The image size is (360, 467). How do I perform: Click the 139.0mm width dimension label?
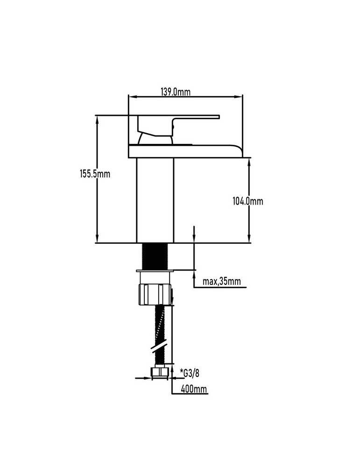click(x=176, y=92)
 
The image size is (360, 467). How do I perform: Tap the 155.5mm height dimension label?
click(x=95, y=174)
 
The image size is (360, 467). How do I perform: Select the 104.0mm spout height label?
click(x=248, y=201)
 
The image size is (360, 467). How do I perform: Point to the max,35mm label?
click(x=221, y=281)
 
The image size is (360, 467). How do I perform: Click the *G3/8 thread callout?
click(x=190, y=373)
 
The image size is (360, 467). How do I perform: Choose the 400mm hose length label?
click(x=194, y=389)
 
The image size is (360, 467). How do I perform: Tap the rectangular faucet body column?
click(x=155, y=200)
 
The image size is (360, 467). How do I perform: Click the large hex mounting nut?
click(x=155, y=295)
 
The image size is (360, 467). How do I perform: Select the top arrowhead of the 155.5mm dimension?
click(x=97, y=119)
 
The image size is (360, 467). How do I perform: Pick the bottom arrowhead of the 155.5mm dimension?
click(x=97, y=239)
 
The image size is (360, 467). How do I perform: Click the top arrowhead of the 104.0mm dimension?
click(x=249, y=162)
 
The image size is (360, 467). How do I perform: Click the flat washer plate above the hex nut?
click(x=155, y=271)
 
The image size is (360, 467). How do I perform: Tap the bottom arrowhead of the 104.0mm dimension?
click(x=249, y=239)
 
